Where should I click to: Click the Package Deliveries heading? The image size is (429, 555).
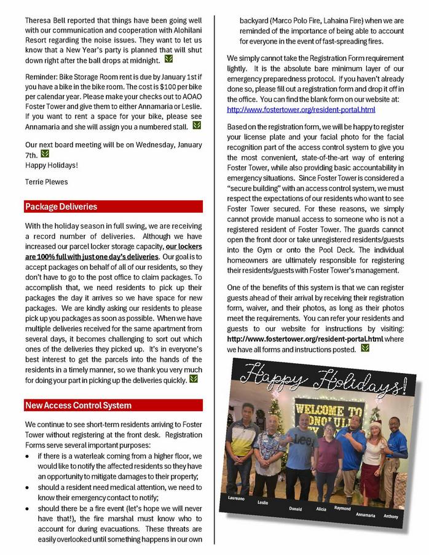click(61, 207)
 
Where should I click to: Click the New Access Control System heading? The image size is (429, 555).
click(78, 405)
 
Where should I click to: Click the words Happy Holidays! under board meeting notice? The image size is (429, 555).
click(52, 165)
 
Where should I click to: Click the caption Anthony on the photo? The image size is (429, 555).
click(391, 515)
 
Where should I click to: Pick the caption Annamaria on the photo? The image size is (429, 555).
click(364, 513)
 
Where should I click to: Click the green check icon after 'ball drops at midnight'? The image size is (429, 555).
click(169, 60)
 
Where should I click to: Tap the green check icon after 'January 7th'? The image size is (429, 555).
click(44, 154)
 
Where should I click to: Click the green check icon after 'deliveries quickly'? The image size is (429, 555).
click(194, 379)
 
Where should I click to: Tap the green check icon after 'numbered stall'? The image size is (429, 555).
click(197, 125)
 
